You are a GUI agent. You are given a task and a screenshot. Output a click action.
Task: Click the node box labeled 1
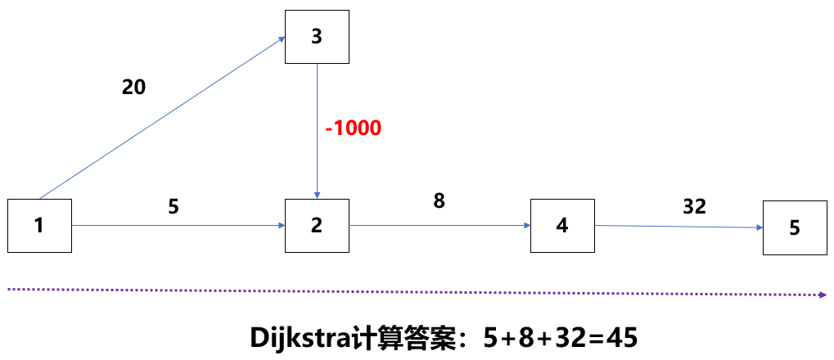click(x=39, y=225)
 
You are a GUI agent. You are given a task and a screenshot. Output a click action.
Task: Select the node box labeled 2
click(x=317, y=225)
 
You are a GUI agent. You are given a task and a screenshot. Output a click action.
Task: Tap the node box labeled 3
click(x=317, y=37)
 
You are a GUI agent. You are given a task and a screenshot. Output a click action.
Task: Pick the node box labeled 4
click(x=561, y=225)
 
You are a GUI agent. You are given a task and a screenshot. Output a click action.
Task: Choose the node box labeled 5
click(x=794, y=228)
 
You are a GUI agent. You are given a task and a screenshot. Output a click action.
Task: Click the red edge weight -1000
click(x=353, y=128)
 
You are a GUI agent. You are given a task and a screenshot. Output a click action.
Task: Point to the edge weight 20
click(x=133, y=87)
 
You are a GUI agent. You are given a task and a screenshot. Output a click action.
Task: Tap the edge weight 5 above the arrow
click(x=173, y=207)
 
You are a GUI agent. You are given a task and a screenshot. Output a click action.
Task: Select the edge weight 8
click(x=439, y=200)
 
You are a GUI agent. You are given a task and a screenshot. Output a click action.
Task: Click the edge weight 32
click(x=693, y=207)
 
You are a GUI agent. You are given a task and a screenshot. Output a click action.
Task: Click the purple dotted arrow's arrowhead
click(x=821, y=295)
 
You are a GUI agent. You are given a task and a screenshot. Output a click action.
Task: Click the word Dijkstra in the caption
click(x=295, y=337)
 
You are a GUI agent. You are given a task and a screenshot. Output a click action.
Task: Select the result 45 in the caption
click(x=620, y=337)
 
